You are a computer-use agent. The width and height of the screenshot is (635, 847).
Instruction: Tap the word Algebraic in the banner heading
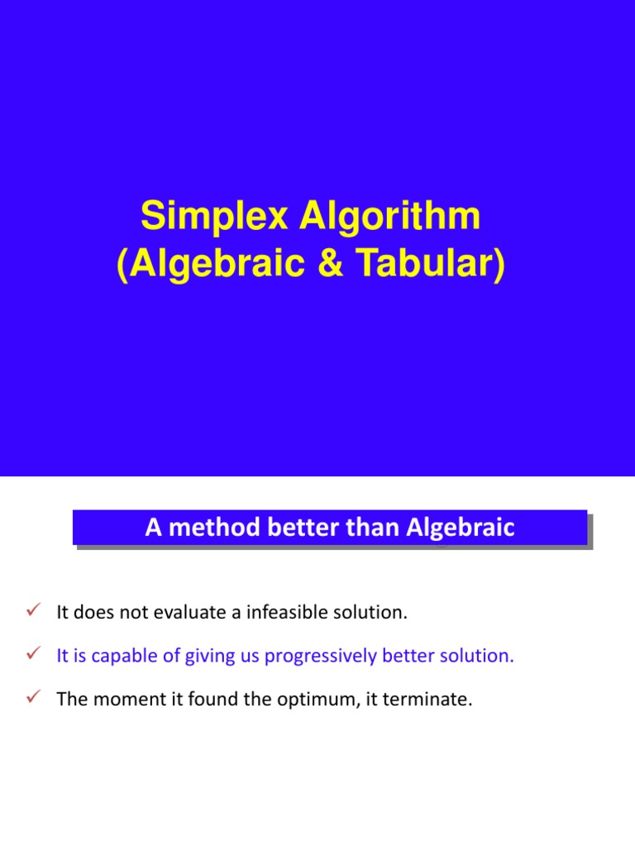[460, 528]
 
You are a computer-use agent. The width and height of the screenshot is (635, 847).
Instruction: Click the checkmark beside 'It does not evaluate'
[34, 611]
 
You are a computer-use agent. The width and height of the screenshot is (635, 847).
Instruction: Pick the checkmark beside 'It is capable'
[34, 654]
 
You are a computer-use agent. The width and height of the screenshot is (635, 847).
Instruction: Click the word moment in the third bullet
[117, 699]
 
